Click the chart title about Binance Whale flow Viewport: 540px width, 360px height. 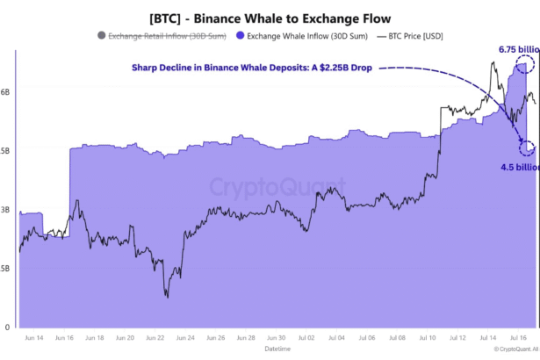(270, 18)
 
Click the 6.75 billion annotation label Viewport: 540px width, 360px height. (517, 49)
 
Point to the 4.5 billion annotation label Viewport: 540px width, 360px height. (520, 167)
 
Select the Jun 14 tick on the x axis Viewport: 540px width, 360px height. (34, 337)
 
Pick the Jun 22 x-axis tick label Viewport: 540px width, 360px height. (155, 337)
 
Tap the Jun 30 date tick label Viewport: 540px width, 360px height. (276, 337)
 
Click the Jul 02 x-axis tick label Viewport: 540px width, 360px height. (306, 337)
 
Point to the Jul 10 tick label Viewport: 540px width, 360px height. (428, 337)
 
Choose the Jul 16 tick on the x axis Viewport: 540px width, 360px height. (518, 337)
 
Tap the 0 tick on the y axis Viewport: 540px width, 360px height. (6, 328)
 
